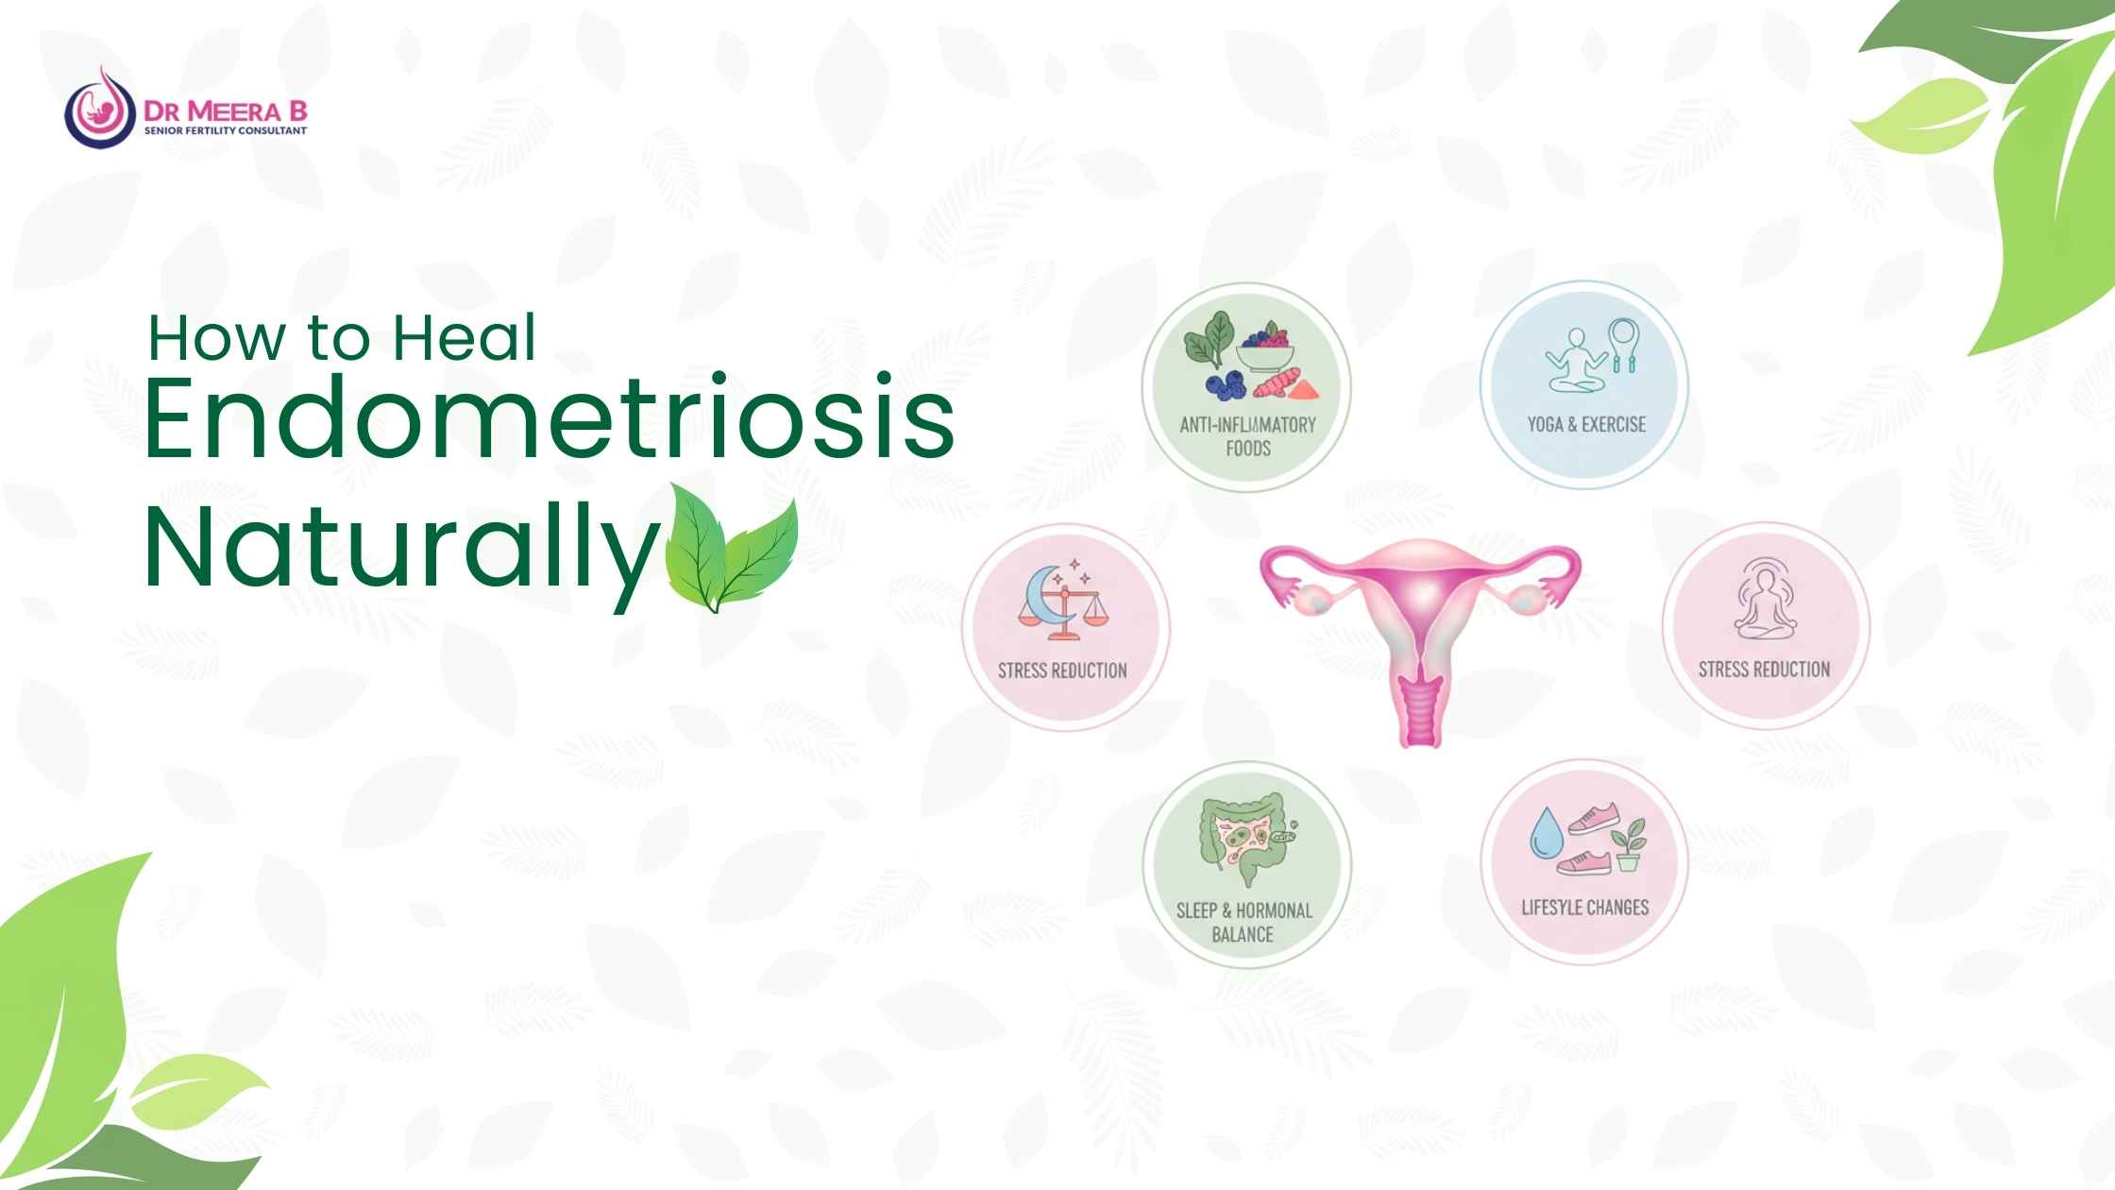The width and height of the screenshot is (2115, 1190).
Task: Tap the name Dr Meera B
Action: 226,111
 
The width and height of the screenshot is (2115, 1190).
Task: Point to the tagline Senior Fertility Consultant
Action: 226,130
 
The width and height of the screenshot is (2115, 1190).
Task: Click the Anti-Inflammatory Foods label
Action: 1247,435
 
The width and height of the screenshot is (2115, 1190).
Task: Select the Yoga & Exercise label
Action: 1586,424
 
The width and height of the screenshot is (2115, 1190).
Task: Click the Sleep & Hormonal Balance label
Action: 1244,922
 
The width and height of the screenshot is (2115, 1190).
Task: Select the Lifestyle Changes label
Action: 1584,908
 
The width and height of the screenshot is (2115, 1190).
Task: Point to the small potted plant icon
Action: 1630,844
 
